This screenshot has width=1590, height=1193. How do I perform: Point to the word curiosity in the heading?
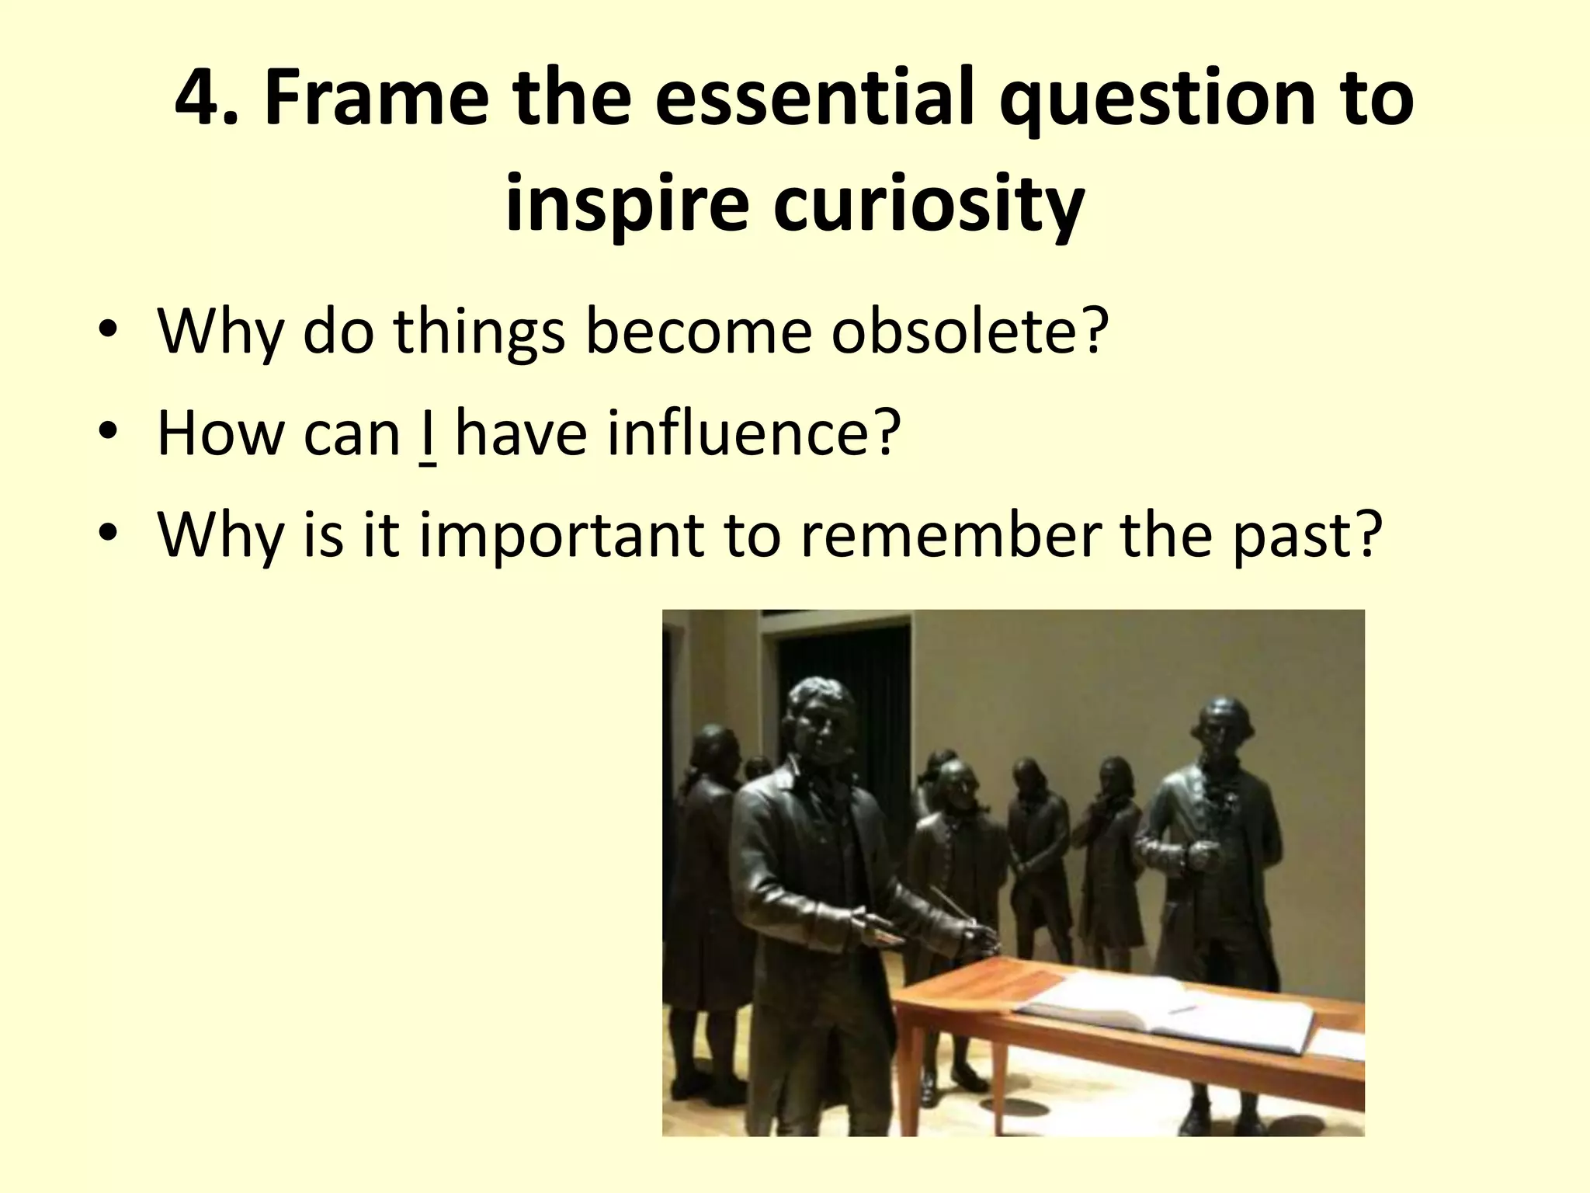coord(929,206)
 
